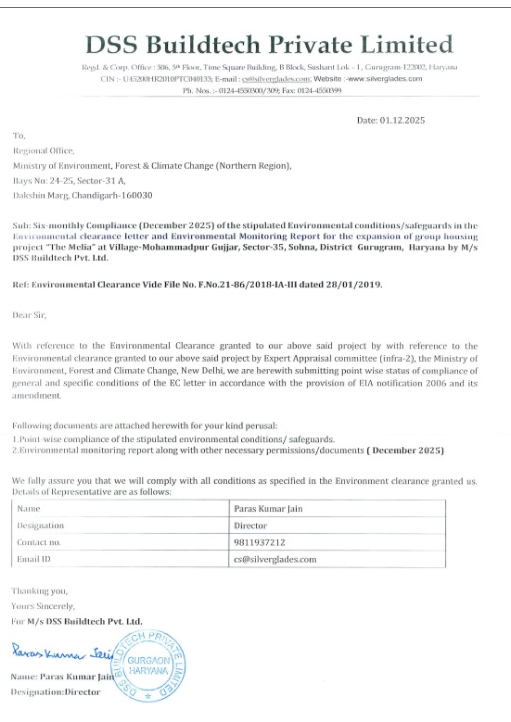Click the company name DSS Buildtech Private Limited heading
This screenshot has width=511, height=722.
click(x=269, y=45)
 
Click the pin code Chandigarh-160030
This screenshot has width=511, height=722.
click(x=112, y=195)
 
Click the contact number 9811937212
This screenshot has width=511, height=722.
click(x=260, y=542)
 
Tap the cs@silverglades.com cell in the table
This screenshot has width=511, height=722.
click(x=275, y=559)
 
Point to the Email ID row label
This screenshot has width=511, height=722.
click(x=34, y=559)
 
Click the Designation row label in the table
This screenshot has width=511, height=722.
click(x=41, y=526)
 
